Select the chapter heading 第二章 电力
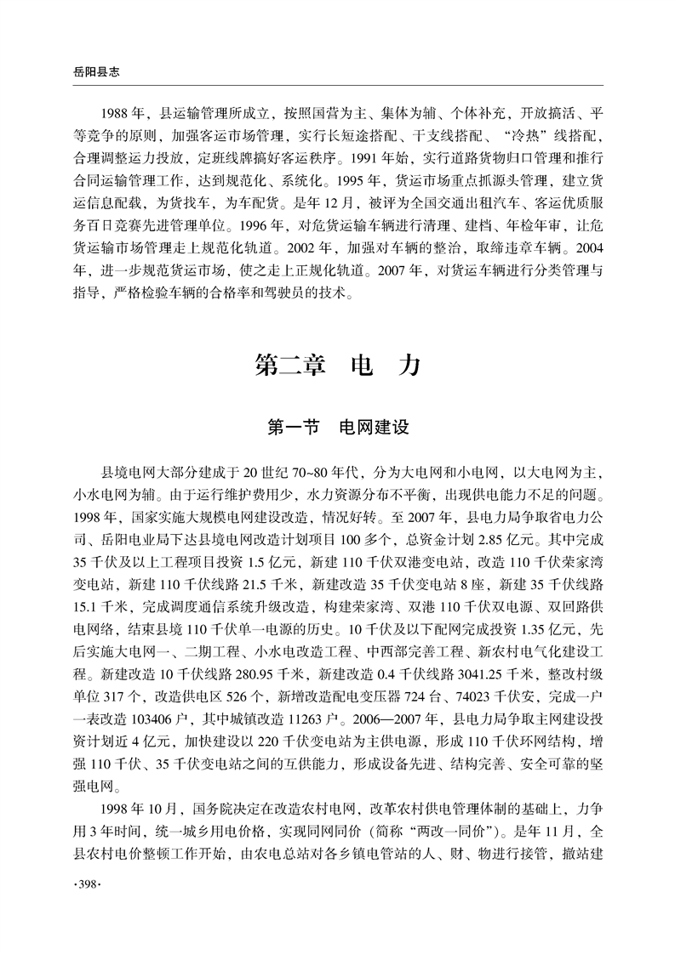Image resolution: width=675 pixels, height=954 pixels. click(338, 366)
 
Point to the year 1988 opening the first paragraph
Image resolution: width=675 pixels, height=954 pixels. click(115, 113)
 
